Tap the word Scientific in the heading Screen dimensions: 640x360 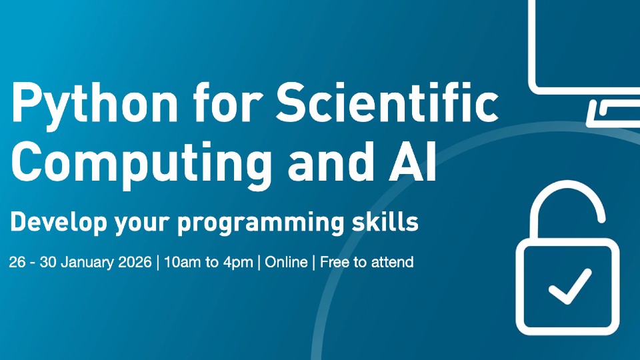(387, 101)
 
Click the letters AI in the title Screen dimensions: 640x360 (412, 161)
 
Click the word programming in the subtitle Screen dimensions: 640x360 (261, 223)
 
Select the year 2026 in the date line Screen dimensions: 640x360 (135, 262)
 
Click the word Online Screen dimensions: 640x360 (286, 262)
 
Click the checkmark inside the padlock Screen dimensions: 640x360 (570, 286)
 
